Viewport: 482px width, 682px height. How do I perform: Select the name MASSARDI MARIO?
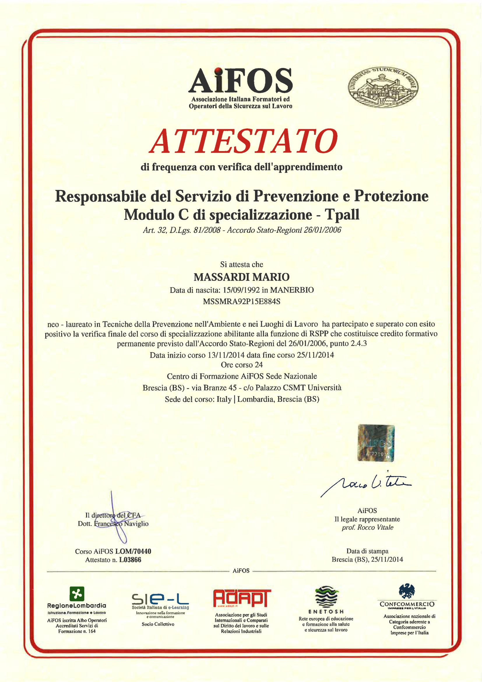coord(241,277)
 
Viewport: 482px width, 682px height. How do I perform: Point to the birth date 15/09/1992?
coord(241,290)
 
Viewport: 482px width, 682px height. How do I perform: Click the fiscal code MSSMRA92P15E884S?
coord(241,302)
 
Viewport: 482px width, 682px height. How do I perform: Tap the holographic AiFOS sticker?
coord(376,443)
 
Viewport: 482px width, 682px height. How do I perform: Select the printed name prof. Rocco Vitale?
coord(367,527)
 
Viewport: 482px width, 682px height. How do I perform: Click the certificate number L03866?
coord(130,560)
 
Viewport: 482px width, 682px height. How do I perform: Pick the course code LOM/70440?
coord(133,551)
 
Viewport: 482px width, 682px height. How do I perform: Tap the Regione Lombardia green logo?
coord(77,594)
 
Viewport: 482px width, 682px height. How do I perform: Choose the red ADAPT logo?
coord(242,598)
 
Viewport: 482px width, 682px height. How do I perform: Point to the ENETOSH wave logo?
coord(326,597)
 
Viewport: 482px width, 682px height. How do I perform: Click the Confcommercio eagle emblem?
coord(407,591)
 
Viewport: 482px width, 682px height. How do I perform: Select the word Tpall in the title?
coord(342,214)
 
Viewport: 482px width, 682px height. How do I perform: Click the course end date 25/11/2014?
coord(315,355)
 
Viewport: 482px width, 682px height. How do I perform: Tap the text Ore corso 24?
coord(242,365)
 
